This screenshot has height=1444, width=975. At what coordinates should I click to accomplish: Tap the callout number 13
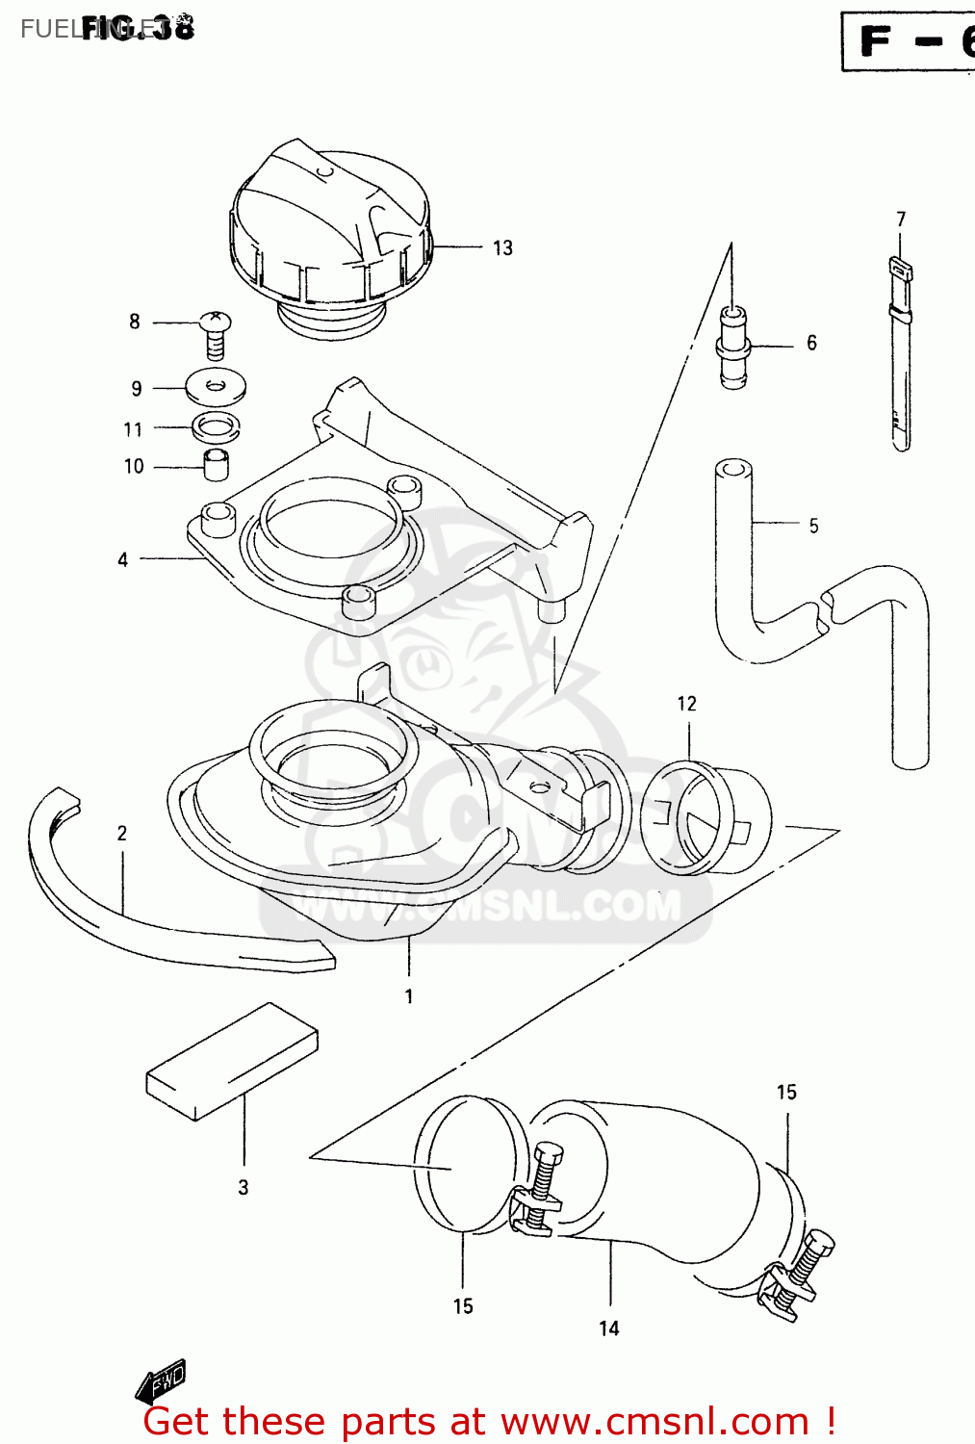502,248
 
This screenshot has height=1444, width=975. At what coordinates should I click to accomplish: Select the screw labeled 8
215,333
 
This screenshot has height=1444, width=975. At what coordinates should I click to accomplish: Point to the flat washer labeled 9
216,387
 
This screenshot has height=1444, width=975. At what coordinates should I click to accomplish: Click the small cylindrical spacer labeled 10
217,465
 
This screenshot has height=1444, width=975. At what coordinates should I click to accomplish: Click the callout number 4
122,559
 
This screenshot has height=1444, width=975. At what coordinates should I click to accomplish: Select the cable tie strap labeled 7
899,356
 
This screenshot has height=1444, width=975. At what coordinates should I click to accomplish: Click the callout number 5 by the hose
813,526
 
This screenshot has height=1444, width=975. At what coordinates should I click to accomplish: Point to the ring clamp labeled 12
703,818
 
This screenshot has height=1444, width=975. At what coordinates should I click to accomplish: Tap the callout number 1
409,996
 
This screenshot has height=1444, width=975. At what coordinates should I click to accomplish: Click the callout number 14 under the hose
609,1328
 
